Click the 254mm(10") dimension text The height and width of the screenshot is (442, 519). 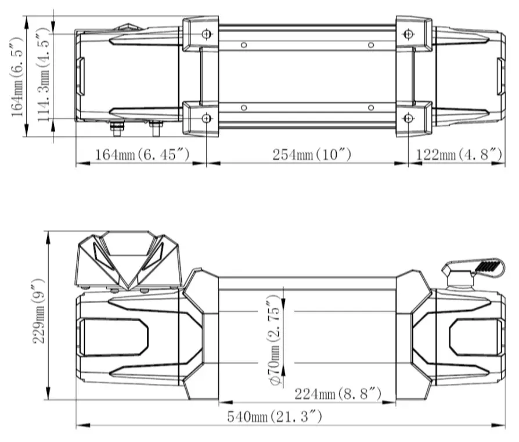(312, 154)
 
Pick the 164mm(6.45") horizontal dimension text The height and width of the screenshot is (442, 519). (143, 154)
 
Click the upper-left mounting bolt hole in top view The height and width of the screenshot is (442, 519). (206, 33)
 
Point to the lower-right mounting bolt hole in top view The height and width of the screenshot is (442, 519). (409, 118)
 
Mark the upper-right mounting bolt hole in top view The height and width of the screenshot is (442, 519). (409, 33)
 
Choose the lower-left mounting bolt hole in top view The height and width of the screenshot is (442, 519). (206, 118)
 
